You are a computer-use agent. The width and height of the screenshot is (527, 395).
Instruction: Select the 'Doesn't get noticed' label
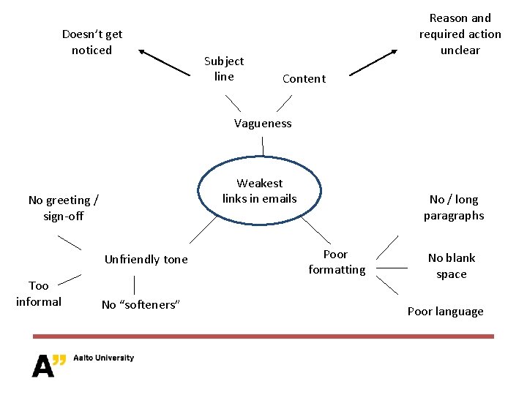[x=92, y=42]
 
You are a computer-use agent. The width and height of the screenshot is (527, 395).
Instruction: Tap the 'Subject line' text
[x=224, y=69]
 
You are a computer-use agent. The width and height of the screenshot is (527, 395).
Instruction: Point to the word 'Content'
[x=304, y=79]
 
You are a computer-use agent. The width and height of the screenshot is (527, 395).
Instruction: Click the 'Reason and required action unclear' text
[x=460, y=34]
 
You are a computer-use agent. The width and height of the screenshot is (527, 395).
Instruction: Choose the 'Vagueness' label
[x=263, y=124]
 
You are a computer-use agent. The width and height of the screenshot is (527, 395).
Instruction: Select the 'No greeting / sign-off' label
[x=64, y=208]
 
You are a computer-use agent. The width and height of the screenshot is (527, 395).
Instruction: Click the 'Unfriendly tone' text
[x=146, y=260]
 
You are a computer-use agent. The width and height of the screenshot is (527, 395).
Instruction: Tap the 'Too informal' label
[x=39, y=293]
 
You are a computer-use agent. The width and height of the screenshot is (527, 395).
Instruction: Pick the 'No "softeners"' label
[x=140, y=305]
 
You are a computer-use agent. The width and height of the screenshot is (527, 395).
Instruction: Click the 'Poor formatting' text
[x=337, y=262]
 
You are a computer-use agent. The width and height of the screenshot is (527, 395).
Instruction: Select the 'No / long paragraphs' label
[x=454, y=207]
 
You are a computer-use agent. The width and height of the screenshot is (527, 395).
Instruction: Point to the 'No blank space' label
[x=452, y=266]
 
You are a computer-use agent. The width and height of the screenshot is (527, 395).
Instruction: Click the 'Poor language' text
[x=445, y=312]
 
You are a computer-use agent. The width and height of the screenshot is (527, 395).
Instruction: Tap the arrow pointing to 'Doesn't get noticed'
[x=164, y=62]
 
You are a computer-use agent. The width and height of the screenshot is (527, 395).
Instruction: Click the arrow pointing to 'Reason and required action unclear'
[x=373, y=63]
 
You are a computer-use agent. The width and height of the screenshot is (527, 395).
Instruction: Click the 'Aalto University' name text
[x=103, y=358]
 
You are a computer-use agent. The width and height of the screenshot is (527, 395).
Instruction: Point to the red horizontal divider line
[x=263, y=336]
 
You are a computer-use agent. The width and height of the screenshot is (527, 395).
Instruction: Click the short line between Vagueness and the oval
[x=263, y=146]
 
